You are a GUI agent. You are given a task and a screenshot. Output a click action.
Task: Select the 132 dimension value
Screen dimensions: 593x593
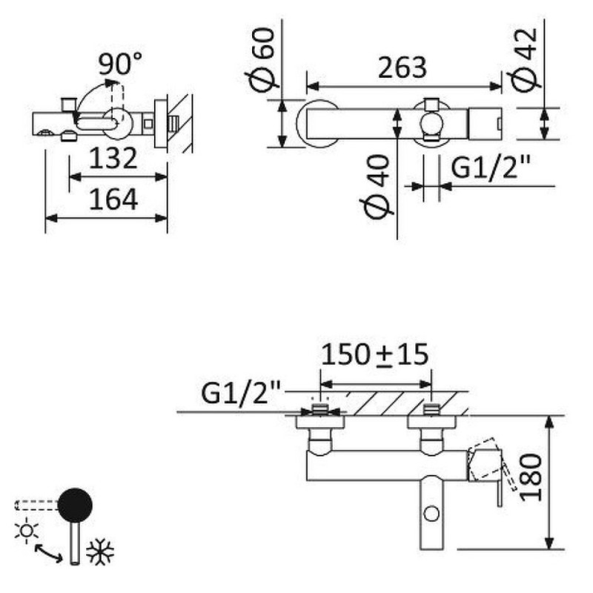[x=113, y=159]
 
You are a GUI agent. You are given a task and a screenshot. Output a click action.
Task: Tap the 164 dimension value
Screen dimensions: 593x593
[x=113, y=199]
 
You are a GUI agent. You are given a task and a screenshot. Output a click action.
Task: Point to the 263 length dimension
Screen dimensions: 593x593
[x=402, y=68]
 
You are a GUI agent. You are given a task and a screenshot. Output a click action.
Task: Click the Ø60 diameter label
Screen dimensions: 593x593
[x=262, y=59]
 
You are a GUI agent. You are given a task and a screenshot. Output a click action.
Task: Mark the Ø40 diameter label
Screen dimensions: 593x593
[x=376, y=188]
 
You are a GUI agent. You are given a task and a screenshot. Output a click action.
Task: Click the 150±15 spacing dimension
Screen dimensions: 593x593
[x=375, y=354]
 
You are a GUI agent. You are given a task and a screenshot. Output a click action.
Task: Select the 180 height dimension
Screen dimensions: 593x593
[x=530, y=477]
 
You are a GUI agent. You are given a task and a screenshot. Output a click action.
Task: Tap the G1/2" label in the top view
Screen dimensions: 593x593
[x=491, y=168]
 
